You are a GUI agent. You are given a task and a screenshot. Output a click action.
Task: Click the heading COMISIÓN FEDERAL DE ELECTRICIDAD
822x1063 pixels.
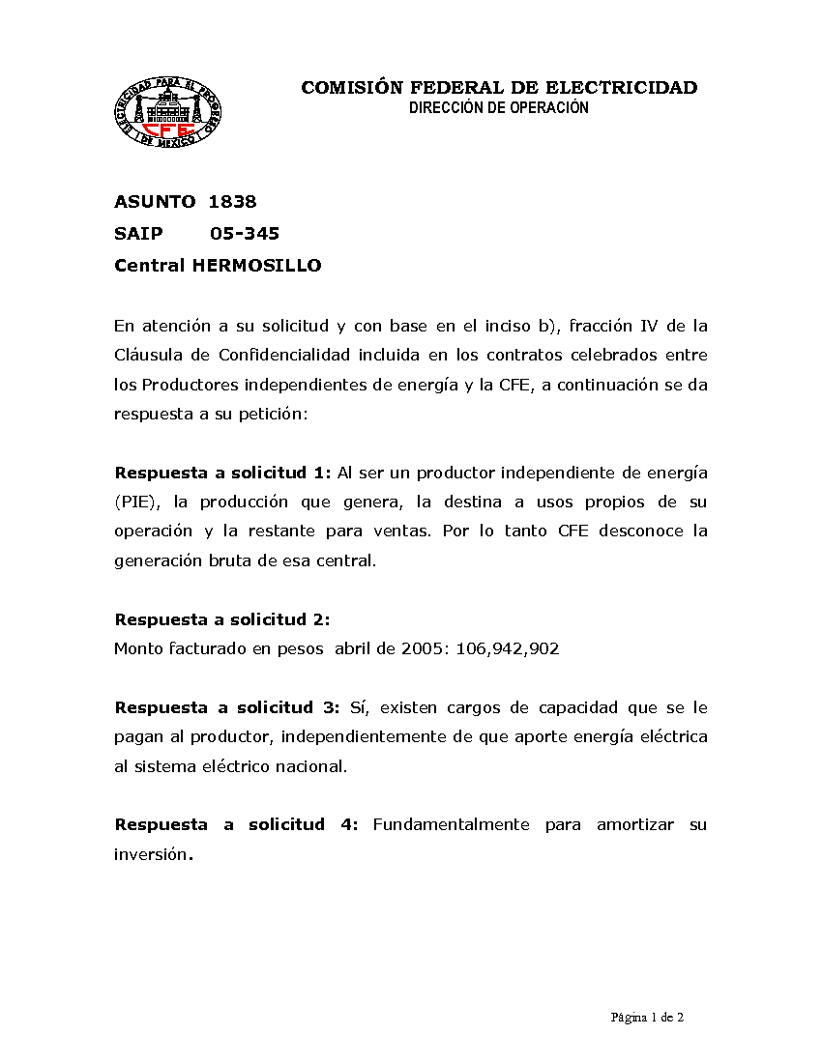(499, 88)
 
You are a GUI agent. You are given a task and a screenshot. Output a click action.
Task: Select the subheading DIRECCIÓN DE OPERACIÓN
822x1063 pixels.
(499, 108)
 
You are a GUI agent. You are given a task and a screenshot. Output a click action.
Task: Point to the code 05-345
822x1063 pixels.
(245, 233)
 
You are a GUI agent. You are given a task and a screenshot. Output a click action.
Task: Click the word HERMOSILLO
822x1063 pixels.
(257, 265)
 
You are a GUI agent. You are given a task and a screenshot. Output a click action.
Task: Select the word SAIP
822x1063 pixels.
(138, 233)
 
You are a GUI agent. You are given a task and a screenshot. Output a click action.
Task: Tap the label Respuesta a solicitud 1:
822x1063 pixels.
(222, 473)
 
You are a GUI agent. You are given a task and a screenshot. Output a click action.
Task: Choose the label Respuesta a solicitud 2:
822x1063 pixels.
(222, 619)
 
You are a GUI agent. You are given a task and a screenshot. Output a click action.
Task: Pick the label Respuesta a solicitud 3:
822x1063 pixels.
(226, 707)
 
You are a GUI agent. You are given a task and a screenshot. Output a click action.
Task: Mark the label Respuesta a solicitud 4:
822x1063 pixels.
(236, 824)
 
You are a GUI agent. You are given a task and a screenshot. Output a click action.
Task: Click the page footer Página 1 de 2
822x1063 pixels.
(647, 1017)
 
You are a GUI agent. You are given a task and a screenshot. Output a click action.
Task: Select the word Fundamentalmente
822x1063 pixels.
(451, 824)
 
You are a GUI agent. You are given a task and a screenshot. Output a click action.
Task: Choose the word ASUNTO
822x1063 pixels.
(155, 202)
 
